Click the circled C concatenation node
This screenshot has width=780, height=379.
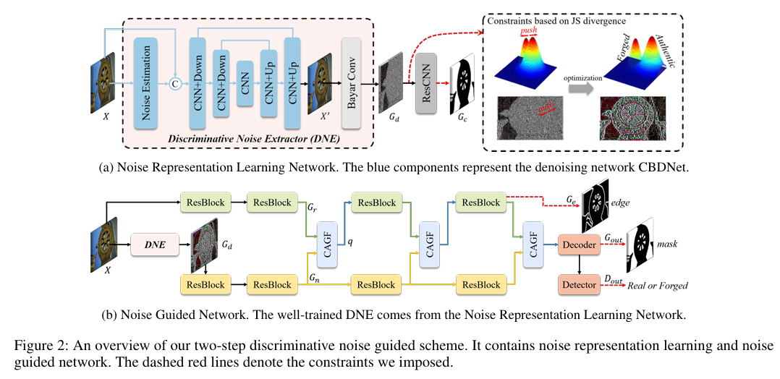point(174,84)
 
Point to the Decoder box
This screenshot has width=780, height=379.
point(578,245)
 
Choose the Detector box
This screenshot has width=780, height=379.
point(578,284)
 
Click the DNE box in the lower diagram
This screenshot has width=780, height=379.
point(154,245)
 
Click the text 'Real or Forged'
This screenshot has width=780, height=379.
point(657,286)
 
